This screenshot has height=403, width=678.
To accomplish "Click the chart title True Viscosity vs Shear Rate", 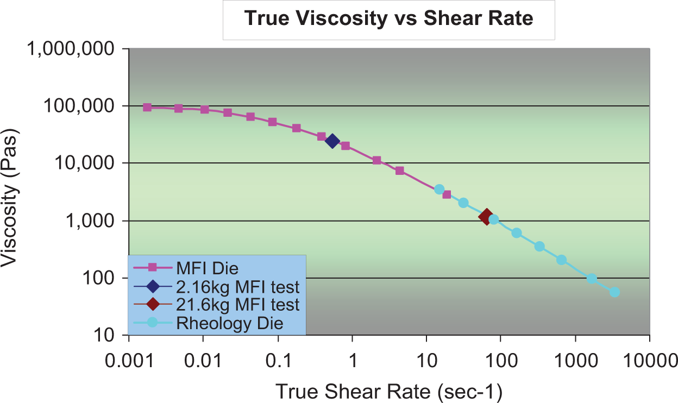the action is tap(388, 18).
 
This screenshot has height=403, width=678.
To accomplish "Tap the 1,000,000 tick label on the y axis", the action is tap(71, 48).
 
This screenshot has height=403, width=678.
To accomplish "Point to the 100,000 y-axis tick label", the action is tap(79, 106).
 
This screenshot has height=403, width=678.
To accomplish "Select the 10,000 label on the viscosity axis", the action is tap(84, 163).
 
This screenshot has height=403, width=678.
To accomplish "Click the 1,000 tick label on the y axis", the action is tap(90, 221).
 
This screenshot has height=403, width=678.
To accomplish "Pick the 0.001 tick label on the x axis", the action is tap(129, 361).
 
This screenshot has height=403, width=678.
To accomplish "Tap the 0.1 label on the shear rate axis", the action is tap(278, 361).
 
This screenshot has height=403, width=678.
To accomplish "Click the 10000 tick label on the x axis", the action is tap(650, 361).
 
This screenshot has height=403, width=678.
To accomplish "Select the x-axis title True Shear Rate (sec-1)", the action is tap(389, 392).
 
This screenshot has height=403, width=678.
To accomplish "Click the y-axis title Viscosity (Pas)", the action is tap(10, 198).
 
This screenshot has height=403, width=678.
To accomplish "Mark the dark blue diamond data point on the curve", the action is tap(332, 141).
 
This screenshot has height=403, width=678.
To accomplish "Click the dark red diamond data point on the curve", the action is tap(486, 217).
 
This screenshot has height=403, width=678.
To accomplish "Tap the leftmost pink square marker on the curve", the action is tap(147, 108).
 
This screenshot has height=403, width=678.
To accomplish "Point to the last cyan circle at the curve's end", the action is tap(614, 292).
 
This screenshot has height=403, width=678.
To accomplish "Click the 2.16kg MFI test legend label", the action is tap(237, 287).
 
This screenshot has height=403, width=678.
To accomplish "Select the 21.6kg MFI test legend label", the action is tap(237, 305).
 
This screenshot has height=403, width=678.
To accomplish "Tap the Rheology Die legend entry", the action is tap(230, 323).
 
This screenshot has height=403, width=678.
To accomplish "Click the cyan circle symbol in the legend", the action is tap(153, 323).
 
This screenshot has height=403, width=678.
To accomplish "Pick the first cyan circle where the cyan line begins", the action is tap(439, 190).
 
